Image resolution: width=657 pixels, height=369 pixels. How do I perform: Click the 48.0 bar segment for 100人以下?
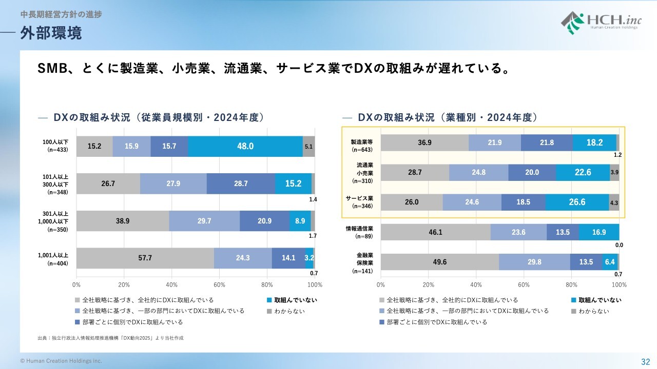tap(245, 146)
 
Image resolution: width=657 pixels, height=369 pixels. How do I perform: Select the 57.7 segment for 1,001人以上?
tap(145, 258)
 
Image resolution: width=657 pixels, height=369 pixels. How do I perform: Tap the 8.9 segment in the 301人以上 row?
tap(300, 220)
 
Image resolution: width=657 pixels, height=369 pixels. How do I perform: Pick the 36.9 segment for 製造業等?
tap(424, 142)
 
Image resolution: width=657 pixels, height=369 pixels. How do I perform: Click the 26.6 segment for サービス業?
tap(577, 202)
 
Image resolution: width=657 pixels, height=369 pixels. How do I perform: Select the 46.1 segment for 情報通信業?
tap(435, 232)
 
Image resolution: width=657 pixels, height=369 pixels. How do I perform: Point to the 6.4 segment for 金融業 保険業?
tap(610, 261)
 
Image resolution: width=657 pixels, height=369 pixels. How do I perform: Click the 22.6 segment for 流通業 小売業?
tap(583, 172)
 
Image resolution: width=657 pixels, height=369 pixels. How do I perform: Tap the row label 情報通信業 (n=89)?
tap(359, 232)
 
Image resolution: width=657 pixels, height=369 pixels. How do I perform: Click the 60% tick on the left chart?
tap(219, 284)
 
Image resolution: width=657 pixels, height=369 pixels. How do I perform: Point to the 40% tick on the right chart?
tap(476, 284)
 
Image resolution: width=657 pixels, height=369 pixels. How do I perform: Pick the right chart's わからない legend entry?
tap(593, 311)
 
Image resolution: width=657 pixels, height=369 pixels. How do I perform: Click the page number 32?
tap(645, 361)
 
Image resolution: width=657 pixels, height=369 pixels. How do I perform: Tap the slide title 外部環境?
tap(51, 33)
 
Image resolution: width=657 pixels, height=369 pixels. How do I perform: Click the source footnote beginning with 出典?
tap(110, 338)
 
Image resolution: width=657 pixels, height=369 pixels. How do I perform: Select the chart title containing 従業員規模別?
tap(159, 117)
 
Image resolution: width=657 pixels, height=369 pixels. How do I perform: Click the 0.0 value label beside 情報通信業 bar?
tap(619, 245)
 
